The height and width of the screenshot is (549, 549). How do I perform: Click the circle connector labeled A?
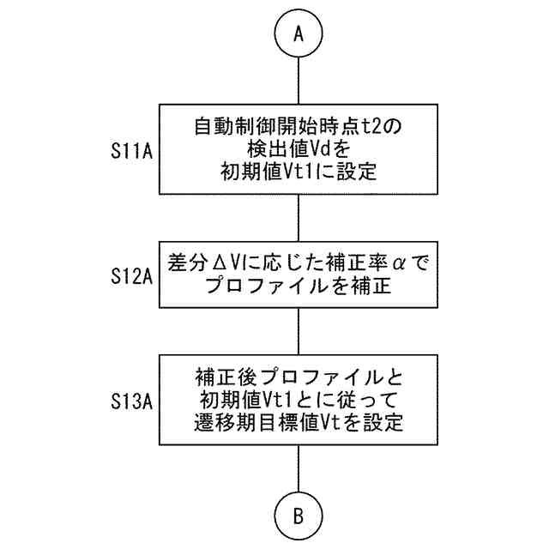(x=298, y=33)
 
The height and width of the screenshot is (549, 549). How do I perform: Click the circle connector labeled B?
(x=298, y=516)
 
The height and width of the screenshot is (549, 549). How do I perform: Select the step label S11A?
(x=131, y=152)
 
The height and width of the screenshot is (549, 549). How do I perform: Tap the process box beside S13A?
(x=298, y=399)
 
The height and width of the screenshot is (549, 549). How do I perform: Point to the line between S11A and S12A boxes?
(x=298, y=218)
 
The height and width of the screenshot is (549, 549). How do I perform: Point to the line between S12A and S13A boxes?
(x=298, y=329)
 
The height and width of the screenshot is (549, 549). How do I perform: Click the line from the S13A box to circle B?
(x=298, y=469)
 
